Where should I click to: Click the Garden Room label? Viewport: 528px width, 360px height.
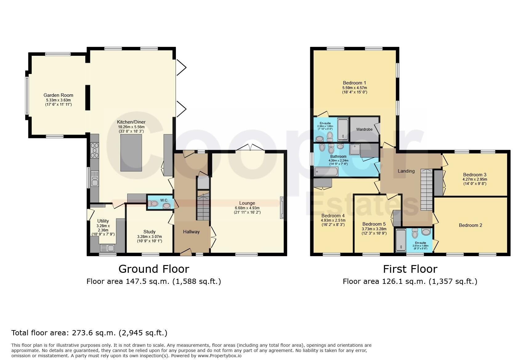click(x=58, y=95)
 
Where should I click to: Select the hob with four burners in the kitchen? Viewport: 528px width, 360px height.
click(x=95, y=150)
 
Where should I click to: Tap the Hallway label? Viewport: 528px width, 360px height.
click(x=191, y=232)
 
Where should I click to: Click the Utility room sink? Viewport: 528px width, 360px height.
click(x=107, y=248)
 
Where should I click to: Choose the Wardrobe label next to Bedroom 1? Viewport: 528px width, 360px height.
click(x=364, y=129)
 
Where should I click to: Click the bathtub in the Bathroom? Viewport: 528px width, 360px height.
click(x=326, y=171)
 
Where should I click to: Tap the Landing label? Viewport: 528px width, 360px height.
click(x=406, y=171)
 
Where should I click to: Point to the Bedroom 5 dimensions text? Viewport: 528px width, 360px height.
click(x=374, y=231)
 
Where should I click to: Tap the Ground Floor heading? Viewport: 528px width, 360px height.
click(x=154, y=269)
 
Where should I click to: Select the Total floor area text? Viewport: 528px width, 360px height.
click(x=89, y=333)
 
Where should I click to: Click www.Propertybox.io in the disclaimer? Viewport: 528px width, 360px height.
click(x=219, y=356)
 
